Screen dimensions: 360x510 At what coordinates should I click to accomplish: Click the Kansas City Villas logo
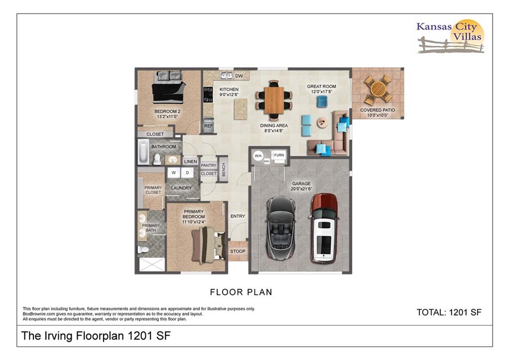(x=450, y=36)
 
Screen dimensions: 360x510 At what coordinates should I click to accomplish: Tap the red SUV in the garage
(x=324, y=228)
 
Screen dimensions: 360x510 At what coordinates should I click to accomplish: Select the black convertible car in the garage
(x=281, y=228)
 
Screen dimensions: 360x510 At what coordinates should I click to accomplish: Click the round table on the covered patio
(x=378, y=89)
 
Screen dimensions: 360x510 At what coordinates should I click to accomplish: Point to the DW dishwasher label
(x=239, y=76)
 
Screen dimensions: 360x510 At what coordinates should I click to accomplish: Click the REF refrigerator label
(x=209, y=126)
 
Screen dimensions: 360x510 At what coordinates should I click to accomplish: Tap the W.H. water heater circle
(x=258, y=156)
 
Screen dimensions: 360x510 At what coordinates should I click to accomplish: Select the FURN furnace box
(x=279, y=155)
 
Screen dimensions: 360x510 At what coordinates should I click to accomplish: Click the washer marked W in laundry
(x=174, y=173)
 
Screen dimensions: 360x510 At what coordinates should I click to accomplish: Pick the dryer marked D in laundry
(x=187, y=173)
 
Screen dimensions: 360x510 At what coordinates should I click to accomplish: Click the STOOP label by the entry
(x=238, y=251)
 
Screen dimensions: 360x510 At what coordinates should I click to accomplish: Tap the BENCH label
(x=224, y=170)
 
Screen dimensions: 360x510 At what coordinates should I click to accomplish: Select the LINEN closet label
(x=191, y=162)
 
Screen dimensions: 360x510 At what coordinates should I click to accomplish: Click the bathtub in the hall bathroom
(x=143, y=152)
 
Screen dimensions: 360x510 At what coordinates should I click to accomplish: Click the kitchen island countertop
(x=241, y=109)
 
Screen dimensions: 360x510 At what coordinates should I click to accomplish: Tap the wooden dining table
(x=274, y=100)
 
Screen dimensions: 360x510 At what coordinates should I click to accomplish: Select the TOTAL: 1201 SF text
(x=449, y=313)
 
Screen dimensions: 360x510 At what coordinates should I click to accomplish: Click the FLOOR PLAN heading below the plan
(x=241, y=292)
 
